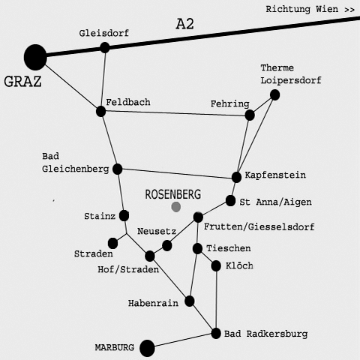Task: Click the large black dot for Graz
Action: pyautogui.click(x=35, y=57)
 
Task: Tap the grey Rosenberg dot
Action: pyautogui.click(x=176, y=207)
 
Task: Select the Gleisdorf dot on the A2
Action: pyautogui.click(x=105, y=47)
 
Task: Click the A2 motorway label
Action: pyautogui.click(x=185, y=24)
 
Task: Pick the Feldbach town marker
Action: pyautogui.click(x=101, y=111)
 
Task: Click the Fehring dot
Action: pyautogui.click(x=250, y=115)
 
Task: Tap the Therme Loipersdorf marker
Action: pyautogui.click(x=274, y=95)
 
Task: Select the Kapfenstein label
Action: pyautogui.click(x=275, y=175)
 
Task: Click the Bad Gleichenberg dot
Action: pyautogui.click(x=117, y=169)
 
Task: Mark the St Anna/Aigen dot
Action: pyautogui.click(x=230, y=201)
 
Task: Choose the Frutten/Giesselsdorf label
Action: pyautogui.click(x=259, y=226)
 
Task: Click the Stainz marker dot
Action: pyautogui.click(x=124, y=215)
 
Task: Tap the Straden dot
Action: pyautogui.click(x=112, y=243)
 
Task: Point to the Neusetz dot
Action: pyautogui.click(x=167, y=245)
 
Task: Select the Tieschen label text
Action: pyautogui.click(x=229, y=248)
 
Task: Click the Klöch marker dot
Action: pyautogui.click(x=216, y=266)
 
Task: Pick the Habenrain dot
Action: pyautogui.click(x=190, y=301)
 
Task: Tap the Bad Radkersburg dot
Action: pyautogui.click(x=216, y=334)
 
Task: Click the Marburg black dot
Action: pyautogui.click(x=147, y=348)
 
